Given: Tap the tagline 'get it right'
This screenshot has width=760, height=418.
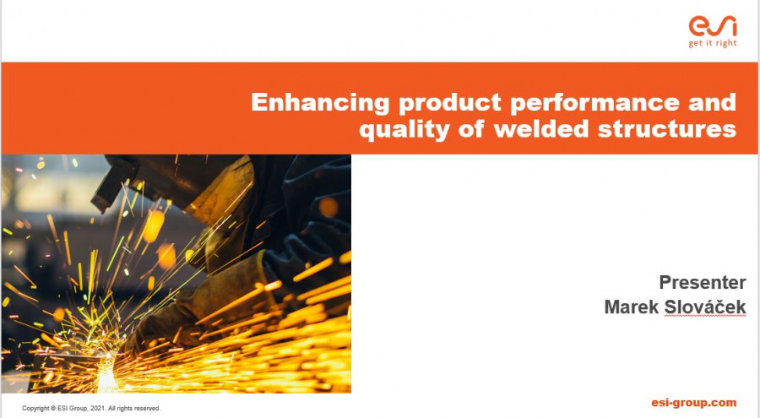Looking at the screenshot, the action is (713, 44).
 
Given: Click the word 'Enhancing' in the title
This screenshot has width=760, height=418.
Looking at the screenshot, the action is (320, 103).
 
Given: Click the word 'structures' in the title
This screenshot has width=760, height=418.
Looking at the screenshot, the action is (667, 129).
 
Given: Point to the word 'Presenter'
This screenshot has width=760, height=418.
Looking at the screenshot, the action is (703, 282).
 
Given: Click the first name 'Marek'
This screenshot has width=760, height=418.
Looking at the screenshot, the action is (631, 307).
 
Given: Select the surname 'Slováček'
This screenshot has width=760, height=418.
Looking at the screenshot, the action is (705, 307).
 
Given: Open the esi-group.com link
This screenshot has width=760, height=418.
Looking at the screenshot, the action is (693, 403).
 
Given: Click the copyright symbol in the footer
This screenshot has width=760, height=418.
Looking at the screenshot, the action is (53, 409).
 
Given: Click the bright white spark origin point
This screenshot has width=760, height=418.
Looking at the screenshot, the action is (107, 373).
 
